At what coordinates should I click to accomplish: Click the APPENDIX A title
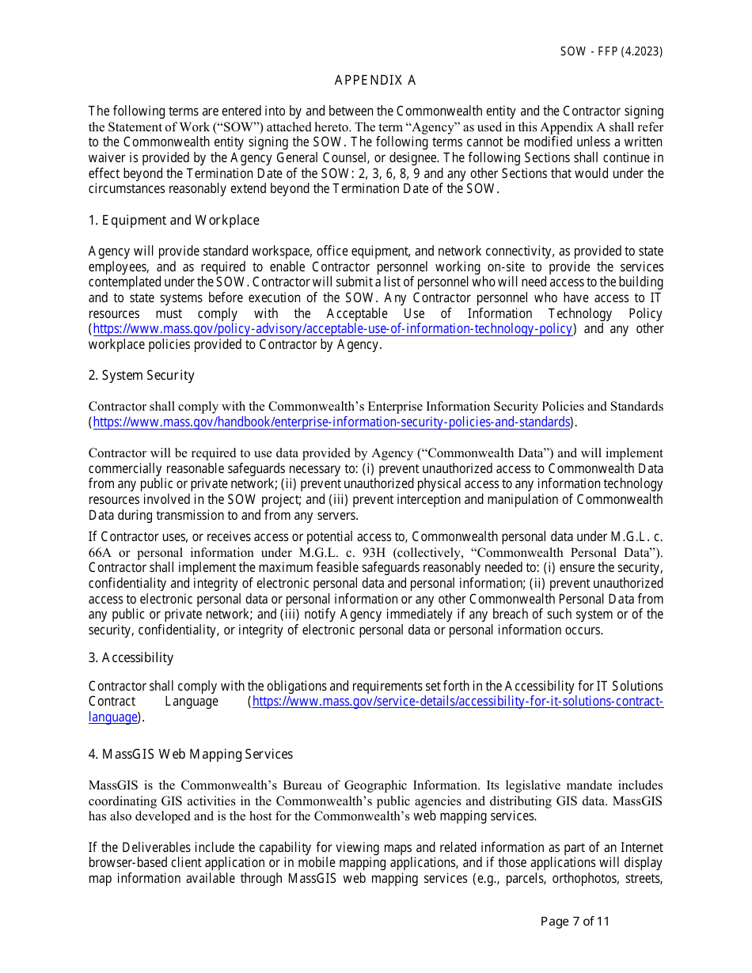[x=375, y=81]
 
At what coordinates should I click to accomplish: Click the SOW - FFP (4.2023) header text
[x=611, y=51]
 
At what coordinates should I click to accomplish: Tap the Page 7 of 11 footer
[x=575, y=921]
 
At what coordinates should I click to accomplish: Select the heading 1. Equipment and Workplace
[x=173, y=221]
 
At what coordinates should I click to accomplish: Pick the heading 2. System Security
[x=141, y=376]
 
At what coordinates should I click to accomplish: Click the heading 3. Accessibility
[x=131, y=658]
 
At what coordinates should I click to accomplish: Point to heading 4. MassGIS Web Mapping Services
[x=190, y=755]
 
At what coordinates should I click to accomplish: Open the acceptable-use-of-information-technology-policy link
[x=332, y=329]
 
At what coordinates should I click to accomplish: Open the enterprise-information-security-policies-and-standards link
[x=332, y=422]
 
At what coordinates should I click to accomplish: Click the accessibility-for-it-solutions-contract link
[x=457, y=702]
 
